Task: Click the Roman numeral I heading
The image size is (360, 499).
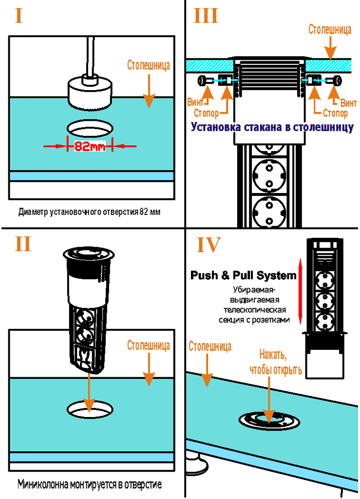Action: pos(19,16)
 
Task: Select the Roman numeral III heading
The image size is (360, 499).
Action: pos(206,16)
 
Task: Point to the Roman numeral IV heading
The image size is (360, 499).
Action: pos(208,244)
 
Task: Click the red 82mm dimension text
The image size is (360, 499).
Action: pos(90,146)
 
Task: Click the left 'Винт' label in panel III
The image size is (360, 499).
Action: pos(195,103)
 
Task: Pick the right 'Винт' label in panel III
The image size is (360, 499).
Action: pos(348,103)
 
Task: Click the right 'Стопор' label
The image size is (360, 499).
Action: pos(335,114)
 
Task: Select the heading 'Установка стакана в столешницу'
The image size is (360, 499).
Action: pos(272,128)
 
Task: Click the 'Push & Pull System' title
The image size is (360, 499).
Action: pos(243,276)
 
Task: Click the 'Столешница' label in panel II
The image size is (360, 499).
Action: pos(149,346)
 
